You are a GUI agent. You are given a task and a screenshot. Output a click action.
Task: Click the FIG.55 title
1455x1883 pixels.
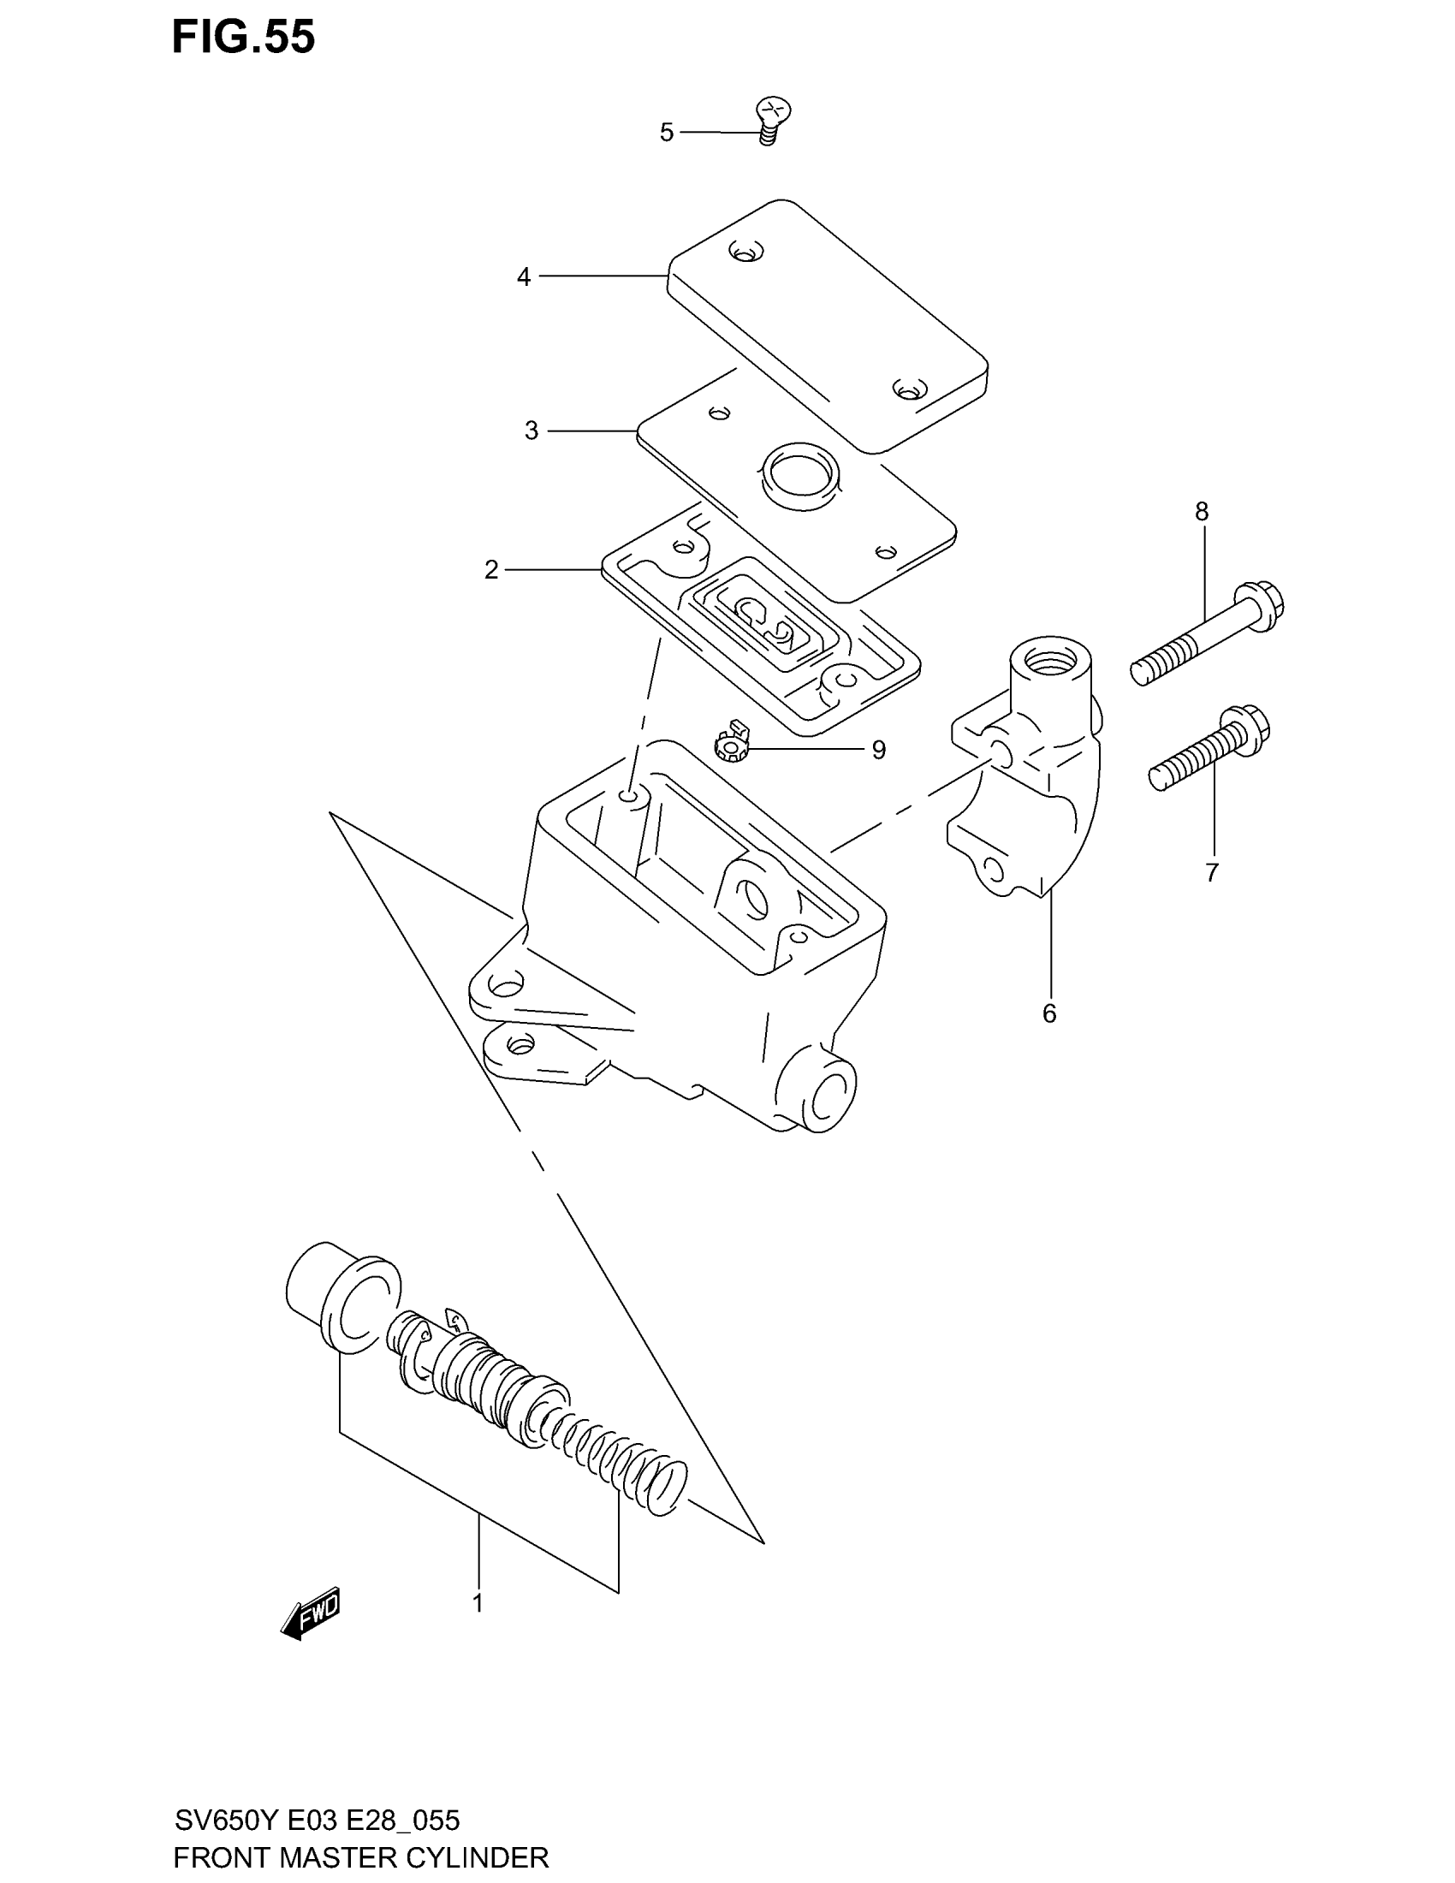pos(243,38)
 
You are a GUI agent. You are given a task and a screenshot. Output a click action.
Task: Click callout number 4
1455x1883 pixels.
pos(523,277)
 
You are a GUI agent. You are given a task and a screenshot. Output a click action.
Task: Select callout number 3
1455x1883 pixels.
pos(531,431)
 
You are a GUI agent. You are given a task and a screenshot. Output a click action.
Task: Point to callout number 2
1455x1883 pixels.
pos(491,570)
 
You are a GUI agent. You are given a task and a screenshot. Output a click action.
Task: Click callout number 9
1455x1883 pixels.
pos(878,750)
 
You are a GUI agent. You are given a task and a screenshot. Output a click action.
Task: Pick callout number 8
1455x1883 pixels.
pos(1202,512)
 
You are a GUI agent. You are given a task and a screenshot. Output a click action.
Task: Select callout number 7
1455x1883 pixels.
pos(1212,873)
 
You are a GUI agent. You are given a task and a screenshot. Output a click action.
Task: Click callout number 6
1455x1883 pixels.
pos(1049,1014)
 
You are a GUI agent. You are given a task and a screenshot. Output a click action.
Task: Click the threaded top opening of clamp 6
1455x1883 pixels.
pos(1050,663)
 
